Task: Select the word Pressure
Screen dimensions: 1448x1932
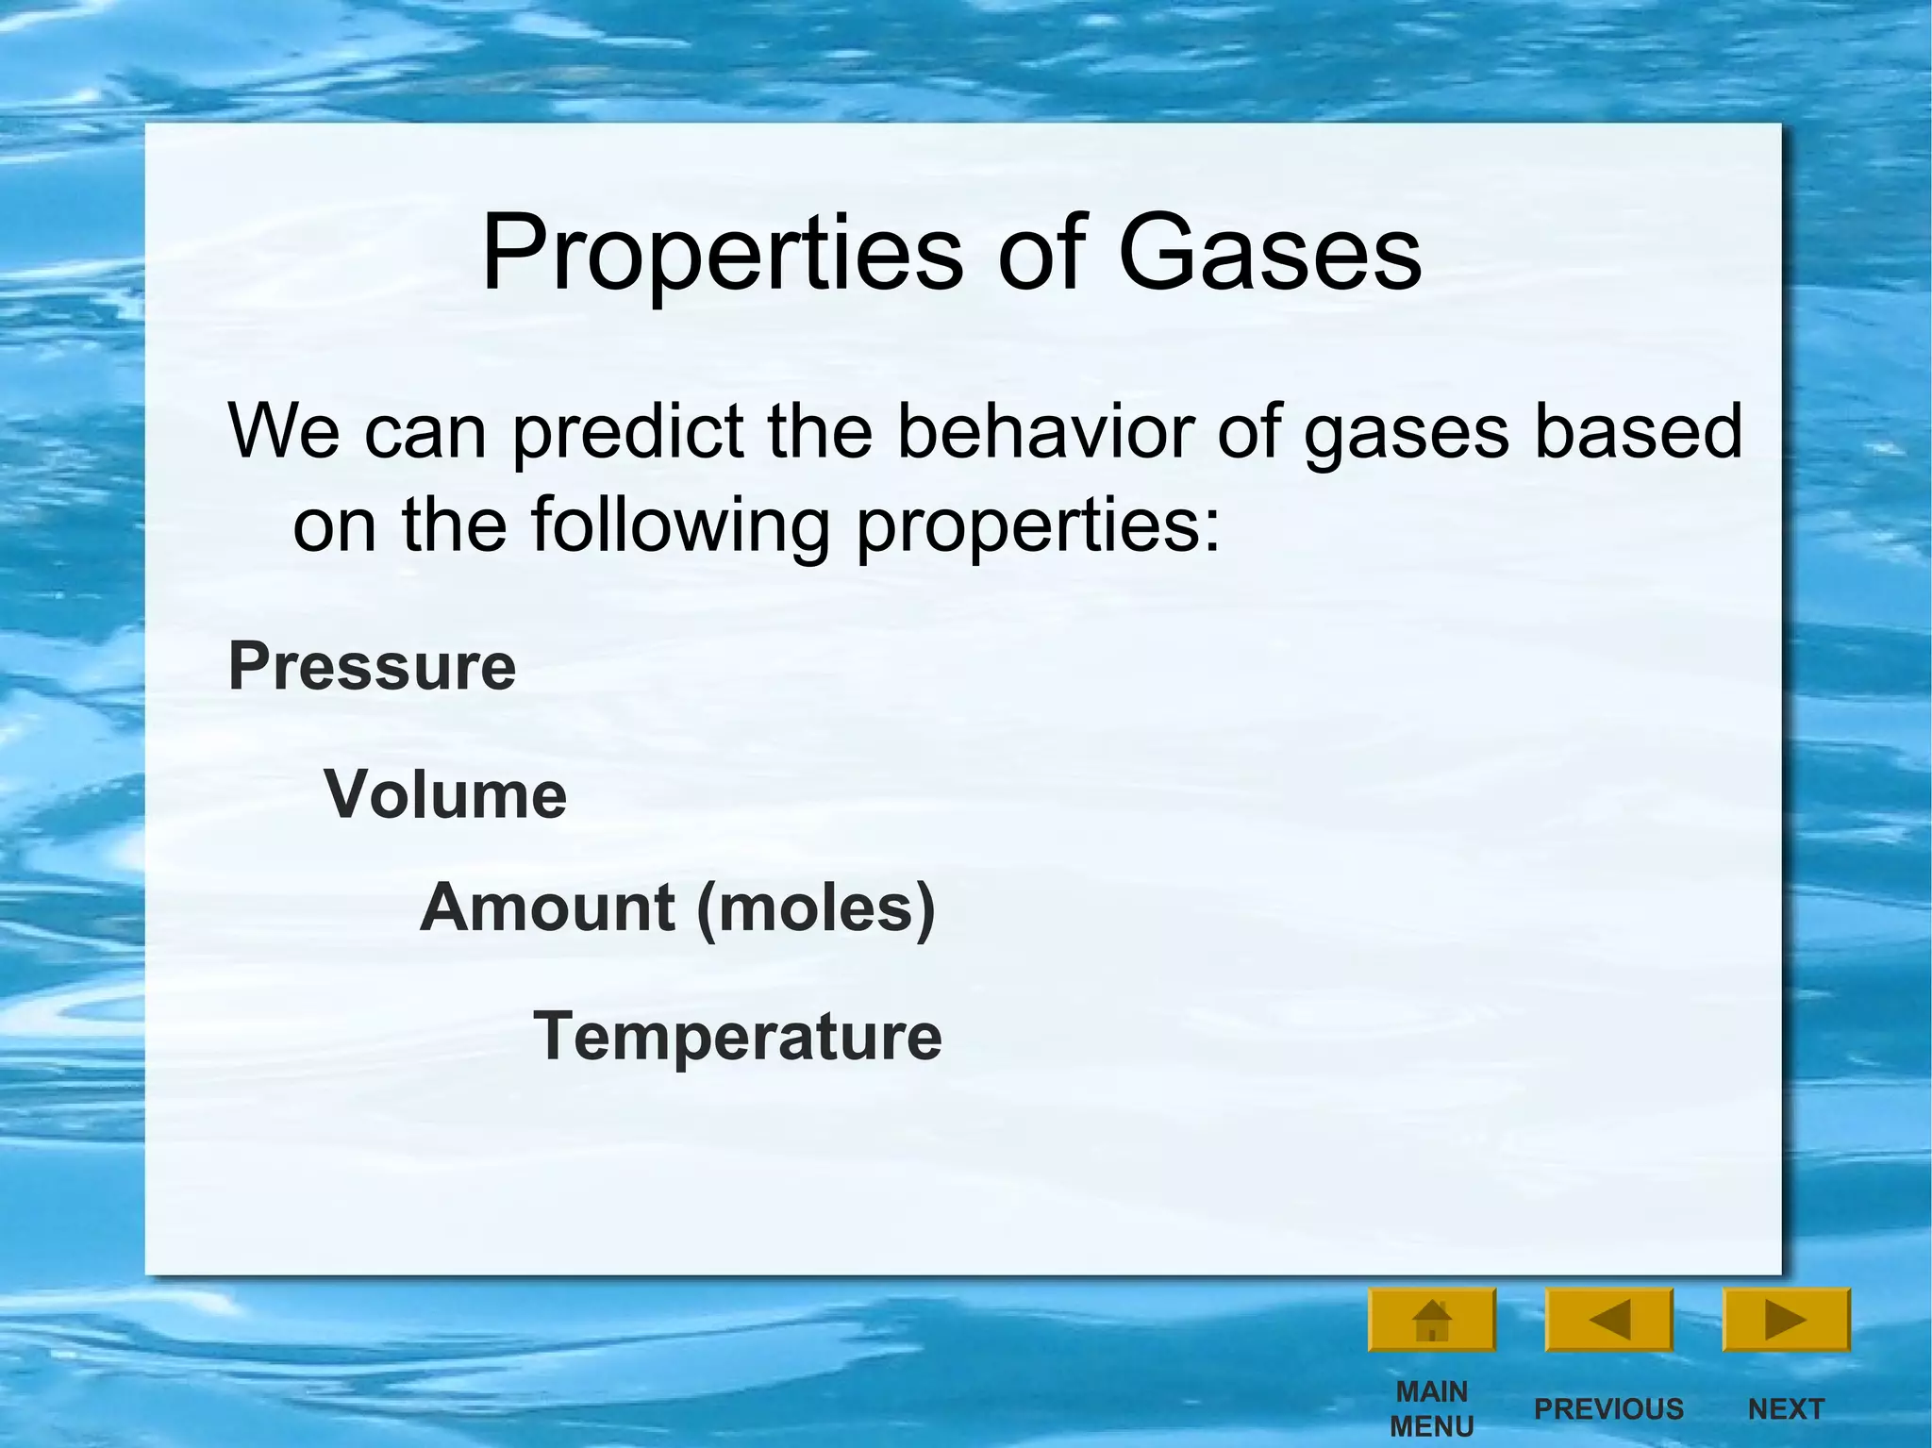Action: (x=372, y=666)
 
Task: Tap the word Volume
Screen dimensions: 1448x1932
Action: (x=445, y=794)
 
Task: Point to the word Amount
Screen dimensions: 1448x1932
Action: (x=547, y=907)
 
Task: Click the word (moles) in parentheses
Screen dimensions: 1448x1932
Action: (x=816, y=908)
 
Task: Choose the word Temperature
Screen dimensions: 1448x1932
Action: (x=738, y=1036)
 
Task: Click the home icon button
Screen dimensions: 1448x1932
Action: (x=1431, y=1320)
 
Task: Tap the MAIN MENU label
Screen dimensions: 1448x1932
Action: (x=1431, y=1407)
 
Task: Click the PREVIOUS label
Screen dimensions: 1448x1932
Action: (x=1608, y=1408)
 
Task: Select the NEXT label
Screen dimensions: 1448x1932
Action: (x=1785, y=1408)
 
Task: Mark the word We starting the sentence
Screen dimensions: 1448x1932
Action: (x=284, y=431)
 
